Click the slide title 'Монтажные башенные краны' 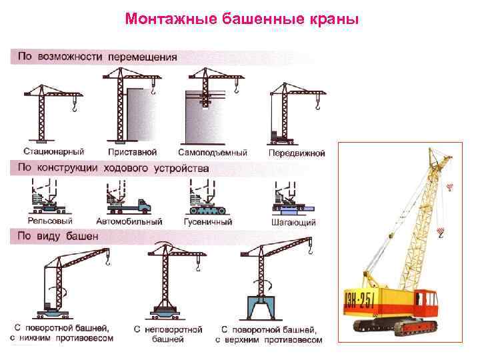tap(241, 19)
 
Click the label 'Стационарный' tap(44, 152)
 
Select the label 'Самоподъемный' tap(213, 152)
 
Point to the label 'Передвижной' tap(297, 153)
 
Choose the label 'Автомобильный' tap(129, 221)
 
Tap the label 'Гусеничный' tap(208, 221)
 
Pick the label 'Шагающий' tap(294, 222)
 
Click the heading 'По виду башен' tap(58, 236)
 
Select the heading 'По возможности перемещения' tap(97, 57)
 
